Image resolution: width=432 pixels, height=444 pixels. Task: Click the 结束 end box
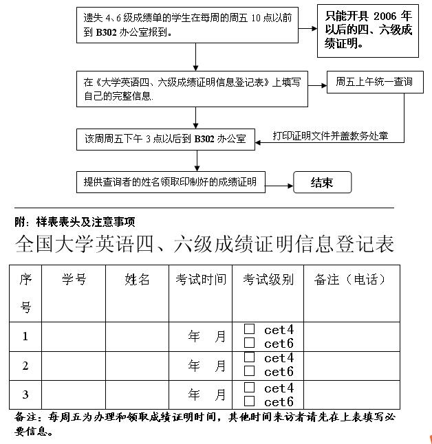[x=322, y=183]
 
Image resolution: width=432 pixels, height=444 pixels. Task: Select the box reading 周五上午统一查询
[x=374, y=82]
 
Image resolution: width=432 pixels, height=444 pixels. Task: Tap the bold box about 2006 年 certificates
[x=368, y=32]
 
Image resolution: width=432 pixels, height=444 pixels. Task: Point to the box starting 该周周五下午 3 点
[x=165, y=139]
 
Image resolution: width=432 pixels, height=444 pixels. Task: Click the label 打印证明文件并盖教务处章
[x=330, y=136]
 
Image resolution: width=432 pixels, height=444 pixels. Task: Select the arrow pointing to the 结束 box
[x=279, y=184]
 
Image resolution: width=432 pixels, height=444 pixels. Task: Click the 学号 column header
[x=74, y=279]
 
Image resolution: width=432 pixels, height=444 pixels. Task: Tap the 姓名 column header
[x=137, y=279]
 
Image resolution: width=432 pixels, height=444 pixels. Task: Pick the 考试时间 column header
[x=200, y=279]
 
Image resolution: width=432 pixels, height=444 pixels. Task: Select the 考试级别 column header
[x=268, y=279]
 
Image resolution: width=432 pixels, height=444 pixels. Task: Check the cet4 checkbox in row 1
[x=250, y=329]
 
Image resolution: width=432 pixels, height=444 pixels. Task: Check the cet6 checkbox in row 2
[x=250, y=372]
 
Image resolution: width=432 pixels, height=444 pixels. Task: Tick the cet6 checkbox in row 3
[x=250, y=401]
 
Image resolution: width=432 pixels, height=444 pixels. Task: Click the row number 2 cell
[x=25, y=366]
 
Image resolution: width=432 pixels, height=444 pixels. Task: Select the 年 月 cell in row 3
[x=206, y=395]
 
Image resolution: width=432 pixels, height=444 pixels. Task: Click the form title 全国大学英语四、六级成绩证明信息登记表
[x=204, y=244]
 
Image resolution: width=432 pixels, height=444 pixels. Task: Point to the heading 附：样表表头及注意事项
[x=75, y=221]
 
